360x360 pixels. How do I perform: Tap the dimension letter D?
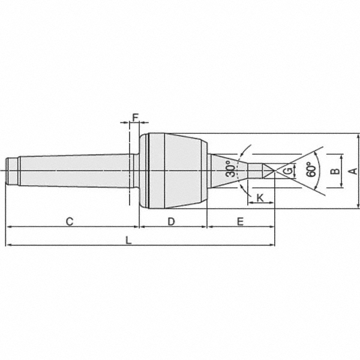click(171, 221)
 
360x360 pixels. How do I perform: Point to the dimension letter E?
click(240, 221)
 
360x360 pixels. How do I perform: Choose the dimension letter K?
click(260, 197)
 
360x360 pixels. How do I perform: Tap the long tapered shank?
click(72, 171)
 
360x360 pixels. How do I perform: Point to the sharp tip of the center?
click(273, 171)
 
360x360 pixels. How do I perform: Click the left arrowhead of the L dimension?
click(8, 245)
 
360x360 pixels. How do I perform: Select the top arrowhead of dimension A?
click(359, 136)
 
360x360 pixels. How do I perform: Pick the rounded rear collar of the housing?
click(144, 171)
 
